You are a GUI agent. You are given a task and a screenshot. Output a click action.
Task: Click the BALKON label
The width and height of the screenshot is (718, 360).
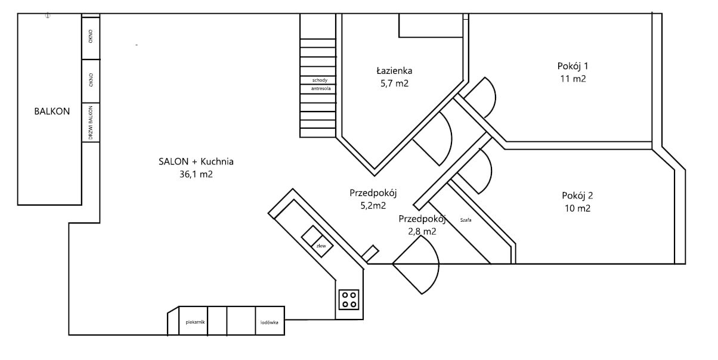point(52,111)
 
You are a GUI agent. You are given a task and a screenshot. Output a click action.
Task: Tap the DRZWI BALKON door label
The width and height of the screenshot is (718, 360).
point(91,123)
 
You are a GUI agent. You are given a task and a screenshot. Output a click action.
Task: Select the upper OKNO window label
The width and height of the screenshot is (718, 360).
point(91,36)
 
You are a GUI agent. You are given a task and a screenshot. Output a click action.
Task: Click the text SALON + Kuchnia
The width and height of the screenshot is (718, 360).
point(196,162)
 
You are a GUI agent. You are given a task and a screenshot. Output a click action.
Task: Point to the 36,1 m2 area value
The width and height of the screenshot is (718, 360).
point(196,174)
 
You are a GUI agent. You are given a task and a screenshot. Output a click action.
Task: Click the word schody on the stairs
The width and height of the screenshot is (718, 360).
point(320,80)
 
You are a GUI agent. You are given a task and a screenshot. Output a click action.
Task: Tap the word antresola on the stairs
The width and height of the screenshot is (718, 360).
point(321,88)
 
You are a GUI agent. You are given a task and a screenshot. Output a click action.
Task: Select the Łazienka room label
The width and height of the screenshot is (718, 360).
point(394,70)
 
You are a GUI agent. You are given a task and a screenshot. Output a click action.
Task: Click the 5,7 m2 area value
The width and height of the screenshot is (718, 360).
point(394,83)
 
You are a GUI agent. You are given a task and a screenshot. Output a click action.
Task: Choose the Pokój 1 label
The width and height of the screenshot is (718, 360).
point(573,66)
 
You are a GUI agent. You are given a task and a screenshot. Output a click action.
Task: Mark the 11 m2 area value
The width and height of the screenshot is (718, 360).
point(573,79)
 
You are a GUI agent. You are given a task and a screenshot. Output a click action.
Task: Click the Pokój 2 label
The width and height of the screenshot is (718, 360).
point(577,195)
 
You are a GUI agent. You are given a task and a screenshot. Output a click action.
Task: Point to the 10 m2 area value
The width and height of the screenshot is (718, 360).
point(577,208)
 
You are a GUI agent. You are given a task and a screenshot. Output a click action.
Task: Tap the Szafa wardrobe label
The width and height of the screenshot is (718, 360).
point(465,220)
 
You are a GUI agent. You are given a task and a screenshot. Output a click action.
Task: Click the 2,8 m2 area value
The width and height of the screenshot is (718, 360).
point(422,231)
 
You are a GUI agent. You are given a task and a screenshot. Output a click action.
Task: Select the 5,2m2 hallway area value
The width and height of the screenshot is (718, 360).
point(373,206)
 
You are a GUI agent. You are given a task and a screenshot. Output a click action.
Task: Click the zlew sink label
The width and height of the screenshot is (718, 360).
point(321,246)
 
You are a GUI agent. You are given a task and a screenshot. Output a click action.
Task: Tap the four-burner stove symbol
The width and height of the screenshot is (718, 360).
point(349,299)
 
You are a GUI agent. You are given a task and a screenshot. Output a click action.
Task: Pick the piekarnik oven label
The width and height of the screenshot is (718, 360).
point(195,322)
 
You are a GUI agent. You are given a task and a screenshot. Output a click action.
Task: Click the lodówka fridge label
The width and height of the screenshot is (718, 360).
point(270,322)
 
